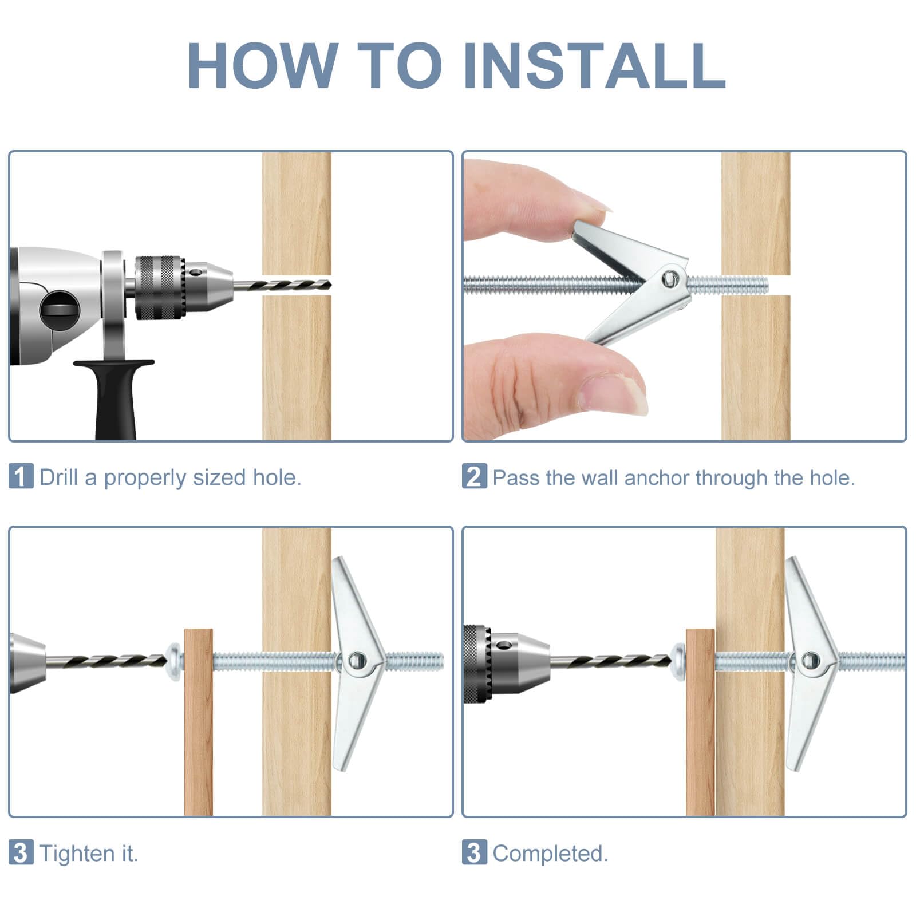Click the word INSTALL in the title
click(594, 65)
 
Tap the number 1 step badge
click(21, 476)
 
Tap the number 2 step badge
click(474, 476)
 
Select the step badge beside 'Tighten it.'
click(21, 852)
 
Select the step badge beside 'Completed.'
click(474, 852)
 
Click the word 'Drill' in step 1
click(58, 477)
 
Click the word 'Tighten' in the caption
click(77, 853)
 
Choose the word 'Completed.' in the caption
click(550, 854)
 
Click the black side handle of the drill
click(115, 398)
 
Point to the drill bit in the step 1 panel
click(282, 285)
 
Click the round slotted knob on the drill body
click(59, 311)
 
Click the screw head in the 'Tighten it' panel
click(174, 662)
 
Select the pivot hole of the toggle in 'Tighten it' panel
click(357, 661)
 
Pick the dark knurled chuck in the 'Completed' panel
click(477, 664)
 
